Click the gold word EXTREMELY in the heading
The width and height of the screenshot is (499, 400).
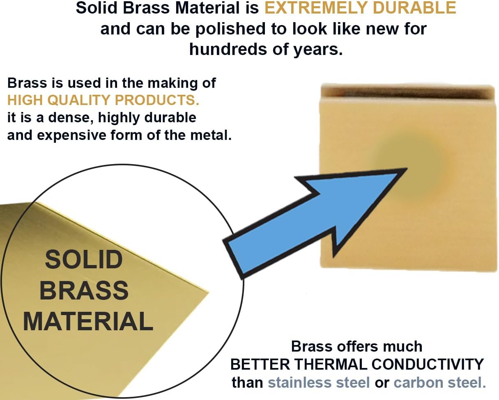coord(317,8)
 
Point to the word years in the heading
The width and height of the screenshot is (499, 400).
coord(318,50)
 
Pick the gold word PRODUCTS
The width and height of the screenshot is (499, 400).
coord(157,100)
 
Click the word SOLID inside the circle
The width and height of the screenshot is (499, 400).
coord(84,260)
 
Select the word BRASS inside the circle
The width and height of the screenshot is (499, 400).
coord(84,290)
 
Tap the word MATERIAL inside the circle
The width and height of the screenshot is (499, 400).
coord(88,321)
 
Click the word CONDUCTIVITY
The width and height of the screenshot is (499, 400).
coord(428,364)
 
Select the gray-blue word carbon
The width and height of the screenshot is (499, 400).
coord(419,383)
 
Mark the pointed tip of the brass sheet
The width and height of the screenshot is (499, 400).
coord(209,293)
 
